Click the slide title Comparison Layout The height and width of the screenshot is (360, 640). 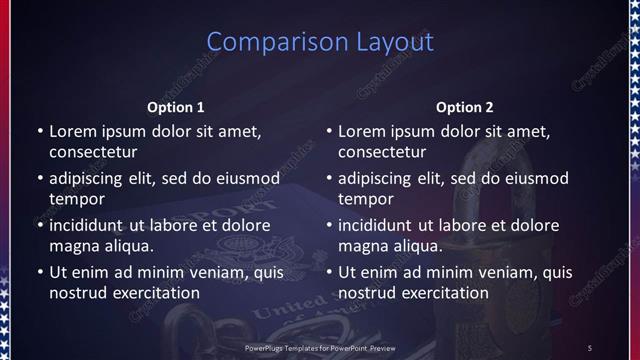point(320,42)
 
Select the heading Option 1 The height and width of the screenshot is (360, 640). point(176,107)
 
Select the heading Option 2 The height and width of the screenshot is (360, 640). point(465,107)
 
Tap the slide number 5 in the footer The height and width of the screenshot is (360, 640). point(590,347)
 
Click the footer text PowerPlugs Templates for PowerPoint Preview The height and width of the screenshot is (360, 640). point(320,347)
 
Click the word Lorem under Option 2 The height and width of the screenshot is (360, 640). point(360,131)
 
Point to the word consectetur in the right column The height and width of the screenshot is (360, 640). point(383,152)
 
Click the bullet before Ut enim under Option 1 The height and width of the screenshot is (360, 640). point(39,272)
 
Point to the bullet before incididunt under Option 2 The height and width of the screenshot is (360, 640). point(329,225)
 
